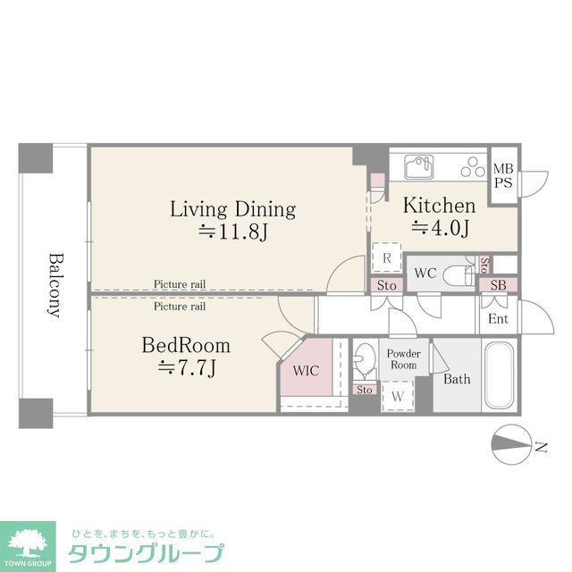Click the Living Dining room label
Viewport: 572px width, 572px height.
(x=233, y=209)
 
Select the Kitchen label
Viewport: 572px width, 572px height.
(x=439, y=206)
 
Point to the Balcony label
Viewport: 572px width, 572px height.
(x=55, y=284)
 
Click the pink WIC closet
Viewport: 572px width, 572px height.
(x=305, y=369)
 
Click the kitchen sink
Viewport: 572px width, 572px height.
(x=417, y=166)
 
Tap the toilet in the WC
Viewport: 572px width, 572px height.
(x=458, y=273)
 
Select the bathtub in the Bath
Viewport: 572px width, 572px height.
(x=499, y=376)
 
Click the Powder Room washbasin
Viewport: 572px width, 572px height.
(x=363, y=362)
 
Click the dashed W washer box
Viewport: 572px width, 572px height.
(x=397, y=396)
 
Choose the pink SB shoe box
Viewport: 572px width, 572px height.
(x=496, y=285)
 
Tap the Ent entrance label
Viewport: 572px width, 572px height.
(x=498, y=319)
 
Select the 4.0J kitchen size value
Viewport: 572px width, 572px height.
(x=440, y=229)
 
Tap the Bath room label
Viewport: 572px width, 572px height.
(x=457, y=379)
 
